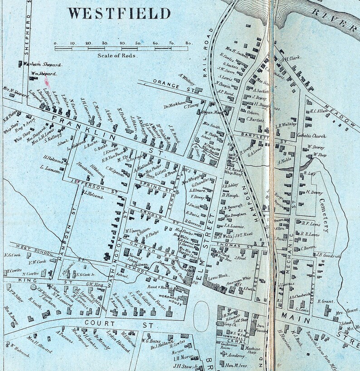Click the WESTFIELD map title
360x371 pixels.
(x=119, y=13)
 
